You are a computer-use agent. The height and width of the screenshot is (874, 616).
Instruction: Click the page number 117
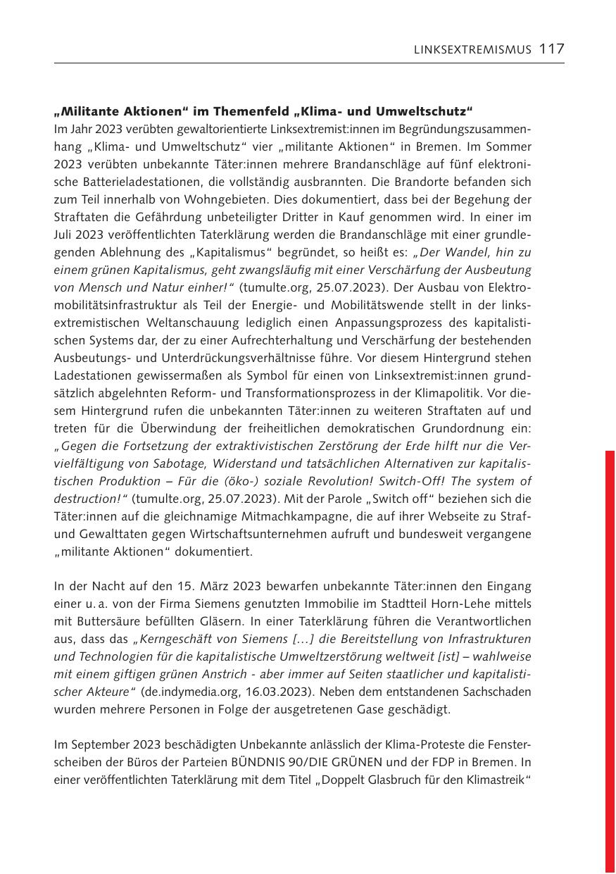click(552, 49)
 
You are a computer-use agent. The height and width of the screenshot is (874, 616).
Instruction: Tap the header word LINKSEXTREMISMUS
click(472, 49)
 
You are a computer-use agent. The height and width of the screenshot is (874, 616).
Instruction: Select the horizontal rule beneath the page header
click(309, 63)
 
